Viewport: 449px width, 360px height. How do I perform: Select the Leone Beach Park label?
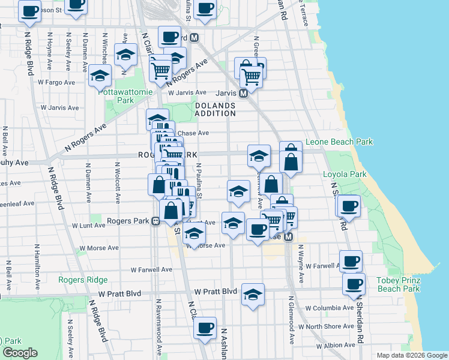coord(339,142)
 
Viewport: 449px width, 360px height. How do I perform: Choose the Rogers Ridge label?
coord(83,280)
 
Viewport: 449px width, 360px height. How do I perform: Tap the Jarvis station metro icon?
coord(244,94)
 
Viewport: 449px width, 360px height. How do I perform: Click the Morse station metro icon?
coord(289,237)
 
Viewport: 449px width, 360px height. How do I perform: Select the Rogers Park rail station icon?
coord(155,221)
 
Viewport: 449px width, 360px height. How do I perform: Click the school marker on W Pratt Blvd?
coord(253,294)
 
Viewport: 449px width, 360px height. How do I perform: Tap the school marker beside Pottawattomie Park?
coord(100,76)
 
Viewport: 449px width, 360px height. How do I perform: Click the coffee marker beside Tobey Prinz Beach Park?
coord(354,283)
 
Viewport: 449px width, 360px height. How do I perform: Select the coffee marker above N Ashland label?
coord(205,328)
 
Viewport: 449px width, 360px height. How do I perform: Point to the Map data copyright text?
coord(411,355)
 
